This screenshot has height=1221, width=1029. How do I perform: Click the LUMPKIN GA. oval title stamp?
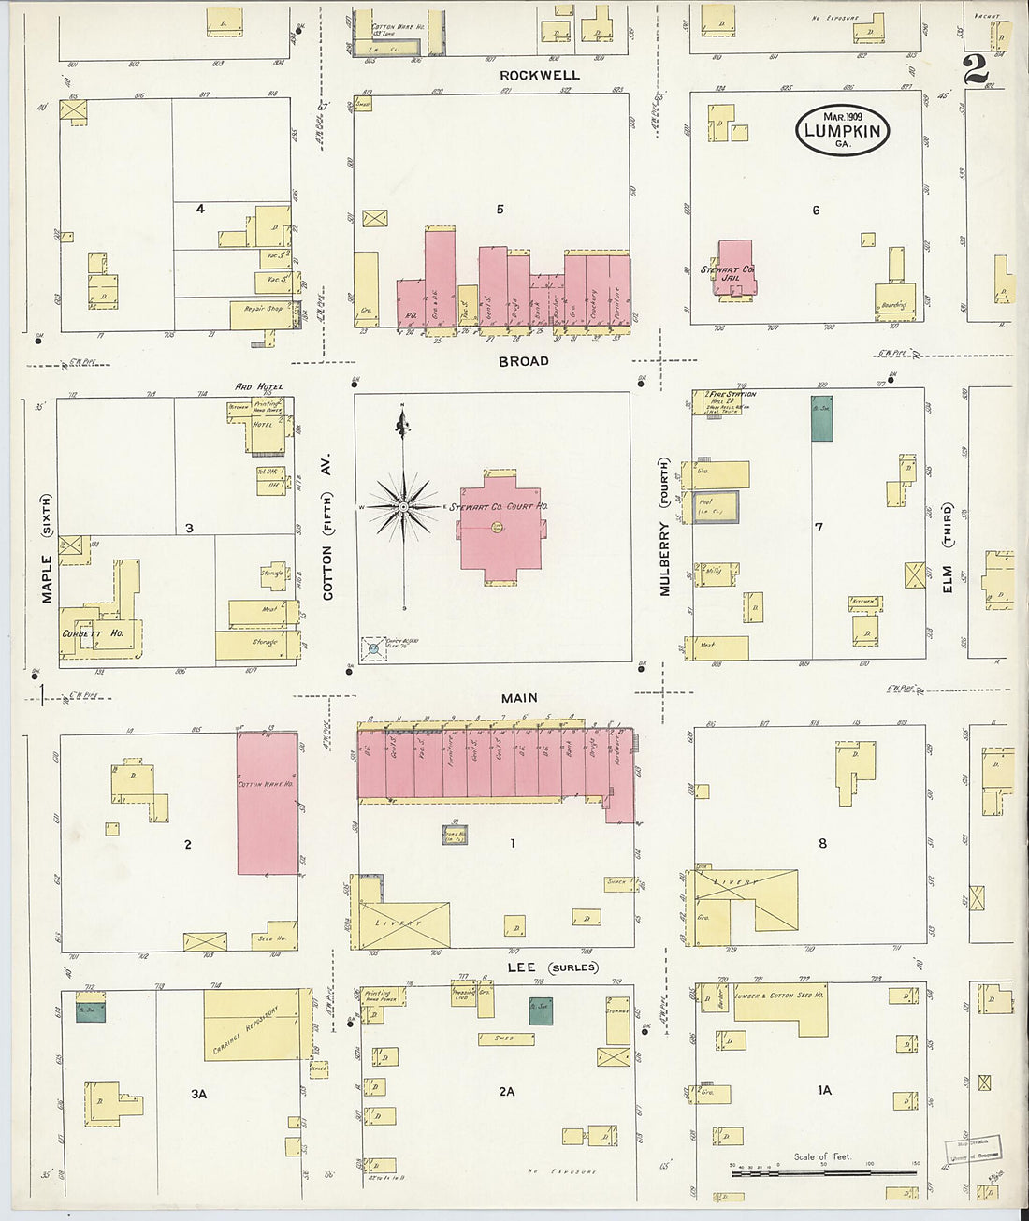(x=842, y=130)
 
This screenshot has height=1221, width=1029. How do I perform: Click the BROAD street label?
(x=523, y=361)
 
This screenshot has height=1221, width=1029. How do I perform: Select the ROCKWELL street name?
(x=539, y=75)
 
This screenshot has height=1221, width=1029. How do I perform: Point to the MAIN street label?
(x=519, y=698)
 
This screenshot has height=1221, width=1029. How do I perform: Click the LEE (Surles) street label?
(x=552, y=967)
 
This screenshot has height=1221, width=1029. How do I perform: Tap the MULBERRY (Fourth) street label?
(x=665, y=527)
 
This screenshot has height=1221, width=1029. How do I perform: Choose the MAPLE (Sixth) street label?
(x=47, y=552)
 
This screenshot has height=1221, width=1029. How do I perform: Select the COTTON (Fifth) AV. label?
(x=327, y=529)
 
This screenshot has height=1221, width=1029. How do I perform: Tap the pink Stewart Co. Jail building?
(x=735, y=269)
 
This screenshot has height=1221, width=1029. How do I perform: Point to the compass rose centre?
(x=403, y=506)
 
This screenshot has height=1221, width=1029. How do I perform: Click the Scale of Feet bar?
(x=823, y=1170)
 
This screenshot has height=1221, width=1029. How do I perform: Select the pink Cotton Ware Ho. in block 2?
(x=267, y=803)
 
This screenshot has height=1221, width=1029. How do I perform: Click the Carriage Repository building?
(x=252, y=1025)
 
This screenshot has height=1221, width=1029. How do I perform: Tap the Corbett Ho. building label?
(x=93, y=633)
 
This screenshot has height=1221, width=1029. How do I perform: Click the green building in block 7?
(x=821, y=418)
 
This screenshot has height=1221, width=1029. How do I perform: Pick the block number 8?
(x=823, y=843)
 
